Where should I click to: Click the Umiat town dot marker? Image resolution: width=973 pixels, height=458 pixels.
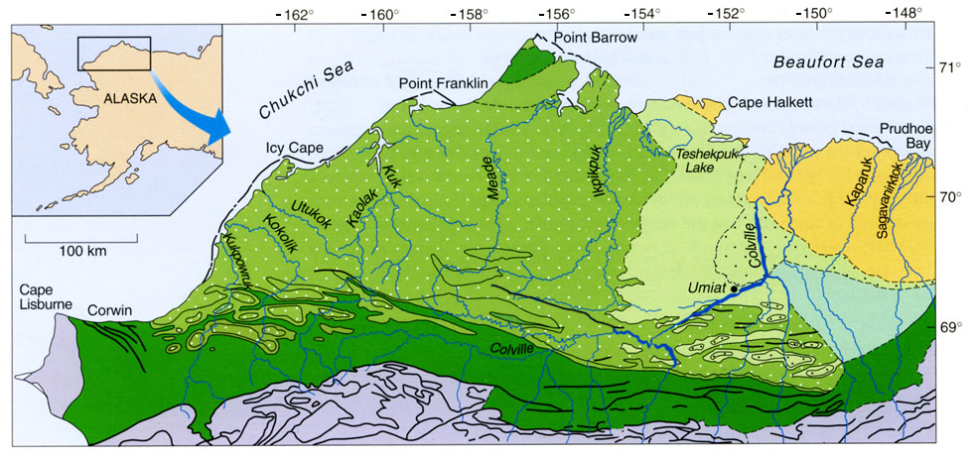734,288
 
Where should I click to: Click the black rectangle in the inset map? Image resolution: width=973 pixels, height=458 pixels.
113,53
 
